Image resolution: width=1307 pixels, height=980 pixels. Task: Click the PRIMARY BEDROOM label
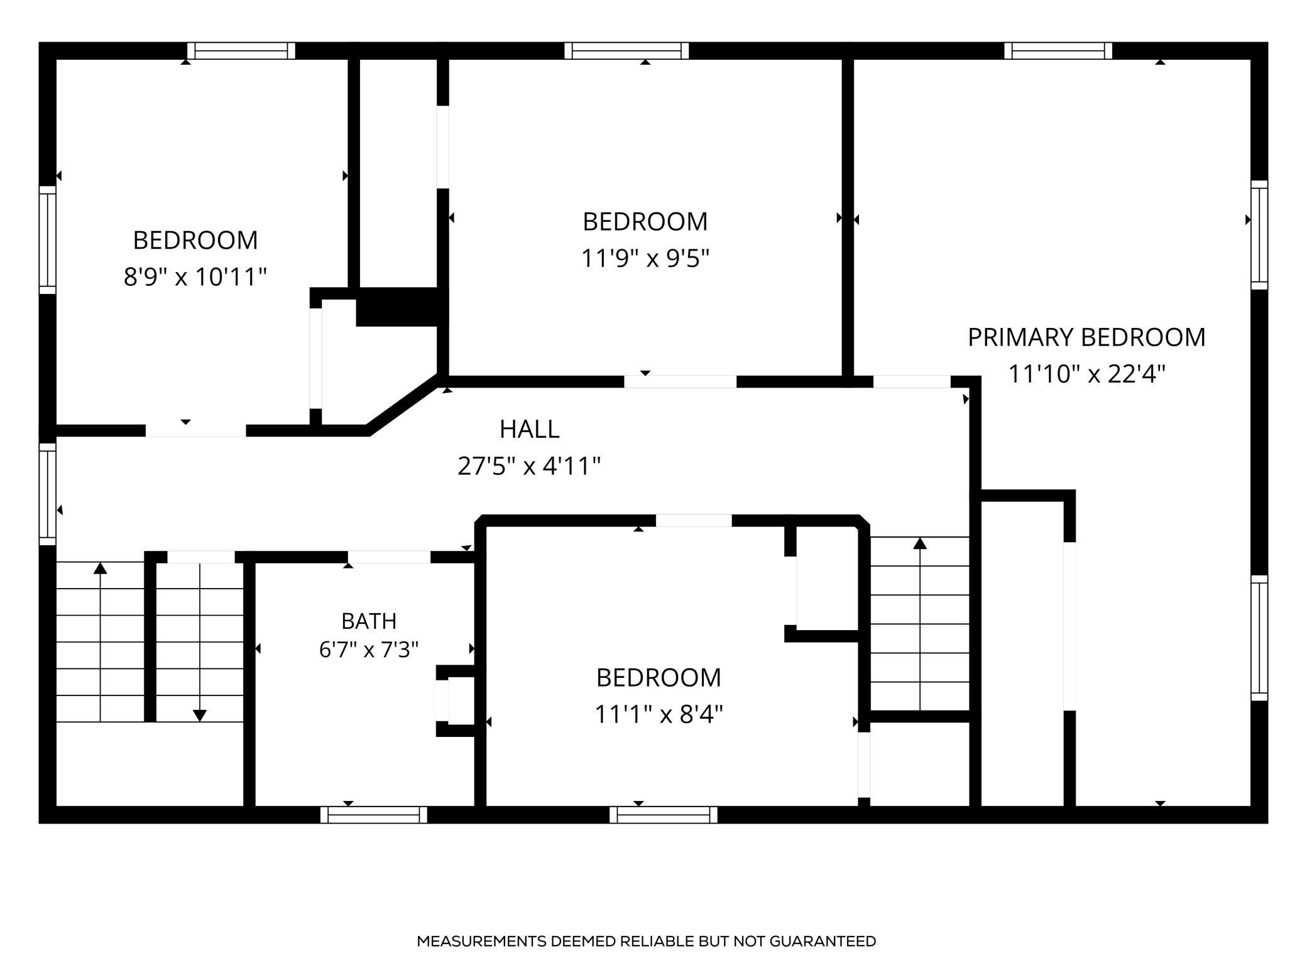point(1086,337)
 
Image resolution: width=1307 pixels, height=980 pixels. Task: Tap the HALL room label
point(529,429)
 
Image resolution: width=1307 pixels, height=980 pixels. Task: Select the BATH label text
point(369,621)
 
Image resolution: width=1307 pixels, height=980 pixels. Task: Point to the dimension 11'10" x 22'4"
point(1086,374)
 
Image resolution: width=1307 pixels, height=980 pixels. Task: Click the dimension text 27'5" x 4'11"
point(529,466)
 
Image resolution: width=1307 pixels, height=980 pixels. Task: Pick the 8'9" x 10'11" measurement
point(195,276)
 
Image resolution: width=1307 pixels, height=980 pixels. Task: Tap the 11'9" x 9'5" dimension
point(645,258)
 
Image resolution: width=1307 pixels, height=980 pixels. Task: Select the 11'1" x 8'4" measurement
point(659,714)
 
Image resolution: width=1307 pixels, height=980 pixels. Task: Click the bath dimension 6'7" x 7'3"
point(369,649)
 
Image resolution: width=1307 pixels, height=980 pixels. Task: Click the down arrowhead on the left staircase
point(200,716)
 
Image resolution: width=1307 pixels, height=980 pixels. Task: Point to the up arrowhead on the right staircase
point(920,543)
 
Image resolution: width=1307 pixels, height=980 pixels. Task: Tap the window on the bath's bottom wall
point(374,815)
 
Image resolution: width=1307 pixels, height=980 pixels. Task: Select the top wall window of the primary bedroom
point(1058,50)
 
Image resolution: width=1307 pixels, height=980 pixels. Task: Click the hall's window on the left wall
point(48,494)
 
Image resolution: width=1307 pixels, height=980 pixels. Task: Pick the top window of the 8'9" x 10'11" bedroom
point(241,50)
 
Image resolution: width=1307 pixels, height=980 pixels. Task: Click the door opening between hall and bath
point(389,557)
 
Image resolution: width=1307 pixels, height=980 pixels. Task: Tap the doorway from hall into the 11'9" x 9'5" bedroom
point(680,382)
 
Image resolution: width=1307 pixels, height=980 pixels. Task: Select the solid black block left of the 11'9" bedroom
point(398,308)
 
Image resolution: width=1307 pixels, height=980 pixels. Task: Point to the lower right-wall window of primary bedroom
point(1259,638)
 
